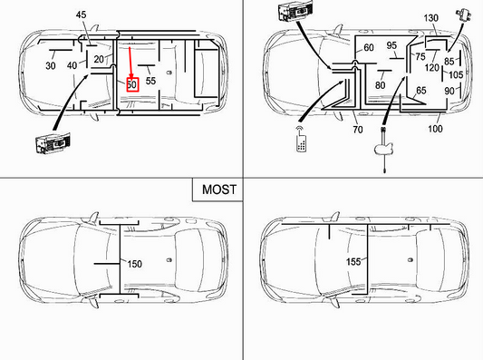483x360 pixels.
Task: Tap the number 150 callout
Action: click(x=133, y=264)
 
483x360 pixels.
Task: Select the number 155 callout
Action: click(x=353, y=262)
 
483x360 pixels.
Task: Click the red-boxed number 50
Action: click(x=131, y=84)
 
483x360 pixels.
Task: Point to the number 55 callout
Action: click(x=151, y=81)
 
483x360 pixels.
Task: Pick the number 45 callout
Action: click(x=81, y=15)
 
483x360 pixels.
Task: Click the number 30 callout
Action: click(x=51, y=65)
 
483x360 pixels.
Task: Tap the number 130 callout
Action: click(x=430, y=18)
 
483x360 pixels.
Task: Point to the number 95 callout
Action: click(x=391, y=46)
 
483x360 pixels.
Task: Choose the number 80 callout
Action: click(x=380, y=85)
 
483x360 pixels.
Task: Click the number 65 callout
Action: click(x=420, y=91)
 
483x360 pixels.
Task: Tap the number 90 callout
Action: click(x=449, y=91)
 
